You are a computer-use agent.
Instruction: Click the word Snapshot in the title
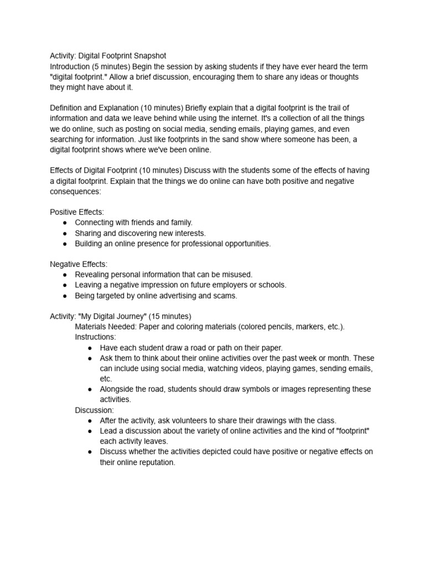pyautogui.click(x=147, y=56)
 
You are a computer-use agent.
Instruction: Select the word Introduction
pyautogui.click(x=70, y=66)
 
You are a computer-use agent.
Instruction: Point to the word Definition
pyautogui.click(x=68, y=108)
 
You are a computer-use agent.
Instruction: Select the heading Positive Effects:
pyautogui.click(x=77, y=212)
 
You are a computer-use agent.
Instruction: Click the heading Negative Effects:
pyautogui.click(x=79, y=264)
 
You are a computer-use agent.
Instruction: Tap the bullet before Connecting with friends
pyautogui.click(x=65, y=223)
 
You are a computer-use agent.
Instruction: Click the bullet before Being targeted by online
pyautogui.click(x=65, y=296)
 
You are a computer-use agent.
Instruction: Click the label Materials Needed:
pyautogui.click(x=106, y=327)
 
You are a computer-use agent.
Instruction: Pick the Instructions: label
pyautogui.click(x=95, y=337)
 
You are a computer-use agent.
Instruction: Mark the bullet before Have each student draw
pyautogui.click(x=90, y=348)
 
